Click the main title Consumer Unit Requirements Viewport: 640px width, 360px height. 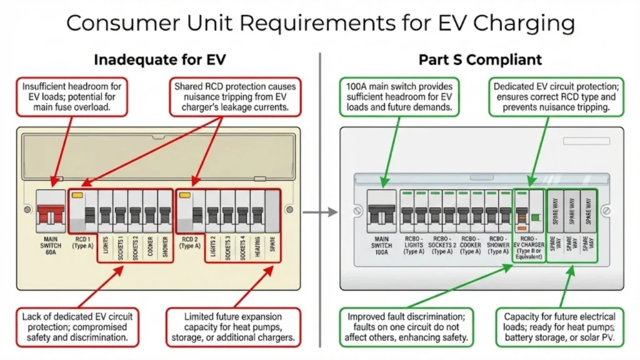point(320,23)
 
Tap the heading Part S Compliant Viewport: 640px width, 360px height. point(480,60)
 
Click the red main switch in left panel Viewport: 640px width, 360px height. point(49,214)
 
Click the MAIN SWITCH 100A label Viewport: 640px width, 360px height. point(381,246)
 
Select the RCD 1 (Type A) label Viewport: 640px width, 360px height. point(83,242)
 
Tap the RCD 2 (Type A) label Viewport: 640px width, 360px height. point(191,242)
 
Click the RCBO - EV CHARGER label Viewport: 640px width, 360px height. point(529,250)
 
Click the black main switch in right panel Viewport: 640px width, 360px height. point(381,214)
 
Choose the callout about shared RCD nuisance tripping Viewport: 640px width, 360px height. point(235,97)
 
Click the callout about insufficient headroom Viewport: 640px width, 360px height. point(72,97)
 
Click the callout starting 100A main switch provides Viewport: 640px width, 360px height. point(399,97)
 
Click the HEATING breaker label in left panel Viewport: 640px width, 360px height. point(257,248)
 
